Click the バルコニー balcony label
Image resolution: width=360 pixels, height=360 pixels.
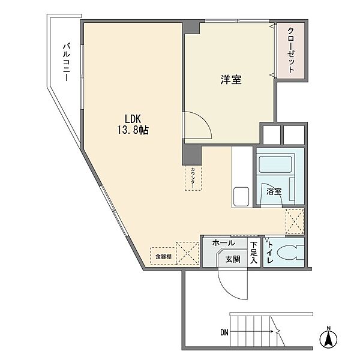click(x=67, y=62)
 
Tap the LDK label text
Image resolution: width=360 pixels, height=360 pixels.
click(x=133, y=119)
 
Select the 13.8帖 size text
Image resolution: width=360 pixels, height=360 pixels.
click(x=133, y=130)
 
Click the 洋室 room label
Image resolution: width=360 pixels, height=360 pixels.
click(x=231, y=79)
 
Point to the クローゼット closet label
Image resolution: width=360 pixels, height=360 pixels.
click(x=290, y=50)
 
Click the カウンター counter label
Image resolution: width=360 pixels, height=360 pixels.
click(x=193, y=178)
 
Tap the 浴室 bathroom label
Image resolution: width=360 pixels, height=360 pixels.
click(x=274, y=191)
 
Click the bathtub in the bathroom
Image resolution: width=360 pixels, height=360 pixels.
click(x=275, y=164)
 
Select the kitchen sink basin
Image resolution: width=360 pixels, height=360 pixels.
click(x=241, y=197)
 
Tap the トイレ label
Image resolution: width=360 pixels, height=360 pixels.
click(x=270, y=253)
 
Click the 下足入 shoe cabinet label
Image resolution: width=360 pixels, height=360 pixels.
click(x=254, y=253)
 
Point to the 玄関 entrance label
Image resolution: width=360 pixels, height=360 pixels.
click(x=233, y=259)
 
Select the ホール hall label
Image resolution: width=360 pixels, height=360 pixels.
click(x=224, y=242)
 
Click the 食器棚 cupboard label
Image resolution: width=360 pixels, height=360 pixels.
click(x=163, y=256)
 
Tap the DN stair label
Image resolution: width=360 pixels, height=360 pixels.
click(x=224, y=332)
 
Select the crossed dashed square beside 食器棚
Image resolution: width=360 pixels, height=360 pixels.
click(x=187, y=253)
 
